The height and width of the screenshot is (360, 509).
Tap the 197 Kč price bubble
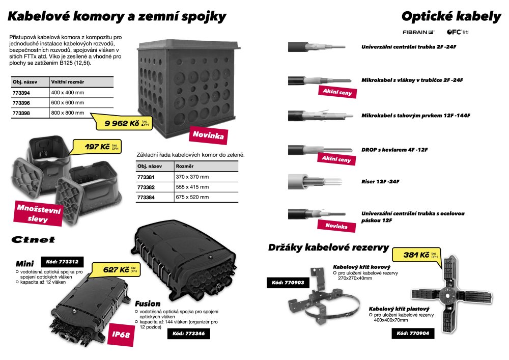click(x=97, y=147)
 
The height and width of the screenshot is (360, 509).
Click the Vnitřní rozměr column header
click(x=68, y=82)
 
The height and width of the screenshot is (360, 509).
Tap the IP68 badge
click(x=121, y=335)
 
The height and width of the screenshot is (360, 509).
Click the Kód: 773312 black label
click(x=62, y=262)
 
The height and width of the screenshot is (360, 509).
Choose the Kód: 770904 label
click(x=413, y=334)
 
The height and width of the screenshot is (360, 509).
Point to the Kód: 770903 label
click(x=288, y=283)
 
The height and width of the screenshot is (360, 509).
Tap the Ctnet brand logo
click(x=33, y=240)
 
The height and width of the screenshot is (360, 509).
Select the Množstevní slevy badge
click(x=38, y=213)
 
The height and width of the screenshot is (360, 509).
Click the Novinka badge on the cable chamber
click(x=208, y=135)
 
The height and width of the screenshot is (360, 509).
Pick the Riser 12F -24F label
click(x=380, y=181)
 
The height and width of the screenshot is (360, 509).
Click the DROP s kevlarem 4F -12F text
click(x=394, y=150)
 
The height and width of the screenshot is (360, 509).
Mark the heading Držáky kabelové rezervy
click(x=328, y=247)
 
